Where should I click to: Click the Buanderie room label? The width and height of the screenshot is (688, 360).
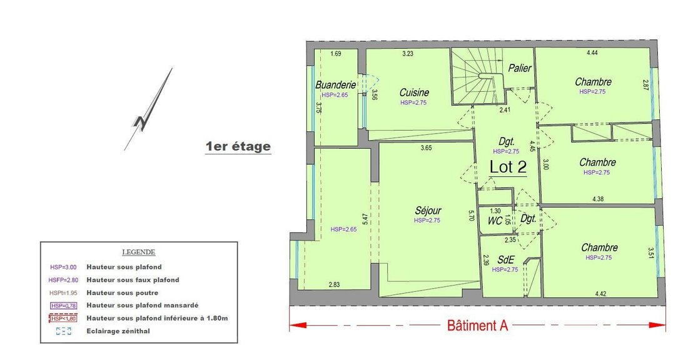pos(335,84)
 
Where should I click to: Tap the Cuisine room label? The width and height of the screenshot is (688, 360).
pos(414,92)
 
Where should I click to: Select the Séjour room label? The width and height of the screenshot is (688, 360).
pos(428,211)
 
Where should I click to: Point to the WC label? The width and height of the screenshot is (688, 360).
pos(495,221)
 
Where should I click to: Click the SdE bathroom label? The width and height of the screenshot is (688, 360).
pos(506,259)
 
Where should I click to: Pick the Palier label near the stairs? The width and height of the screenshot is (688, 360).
pos(520,68)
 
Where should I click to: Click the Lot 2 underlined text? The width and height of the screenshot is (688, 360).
pos(508,167)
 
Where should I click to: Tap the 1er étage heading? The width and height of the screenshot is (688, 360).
pos(238,146)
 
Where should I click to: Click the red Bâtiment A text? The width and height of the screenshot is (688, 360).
pos(477,326)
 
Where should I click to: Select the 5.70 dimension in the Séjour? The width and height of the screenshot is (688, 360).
pos(471,216)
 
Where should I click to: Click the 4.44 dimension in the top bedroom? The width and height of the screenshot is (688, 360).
pos(592,52)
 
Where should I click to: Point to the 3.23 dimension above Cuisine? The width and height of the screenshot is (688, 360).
pos(408,54)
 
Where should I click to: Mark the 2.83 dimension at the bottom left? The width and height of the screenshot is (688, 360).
pos(334,284)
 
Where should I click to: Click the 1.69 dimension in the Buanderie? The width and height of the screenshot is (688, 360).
pos(336,54)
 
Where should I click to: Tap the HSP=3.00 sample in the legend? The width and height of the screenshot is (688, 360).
pos(63,267)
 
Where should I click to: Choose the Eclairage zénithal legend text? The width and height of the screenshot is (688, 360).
pos(118,331)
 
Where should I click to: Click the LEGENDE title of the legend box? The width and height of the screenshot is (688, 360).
pos(139,252)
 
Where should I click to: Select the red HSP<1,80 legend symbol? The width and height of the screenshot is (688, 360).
pos(63,318)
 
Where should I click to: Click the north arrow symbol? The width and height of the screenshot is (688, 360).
pos(148,109)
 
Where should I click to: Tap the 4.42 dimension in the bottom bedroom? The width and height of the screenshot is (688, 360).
pos(600,294)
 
